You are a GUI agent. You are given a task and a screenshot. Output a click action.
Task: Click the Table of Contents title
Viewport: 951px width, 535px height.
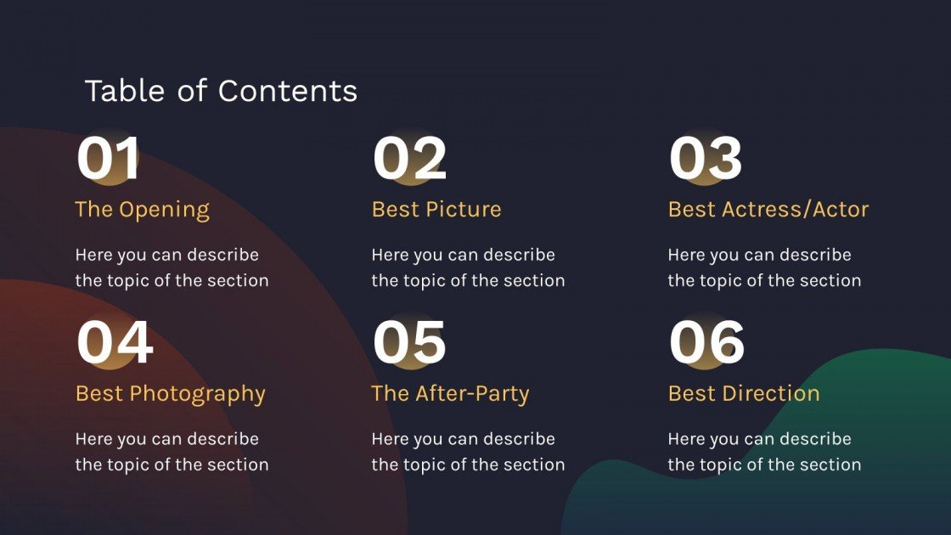[221, 91]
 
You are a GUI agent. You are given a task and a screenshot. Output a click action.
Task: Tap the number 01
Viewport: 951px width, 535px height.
[108, 159]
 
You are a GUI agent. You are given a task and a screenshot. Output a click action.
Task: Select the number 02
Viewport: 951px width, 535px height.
[409, 159]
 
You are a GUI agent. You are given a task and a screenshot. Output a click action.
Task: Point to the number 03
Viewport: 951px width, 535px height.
[706, 159]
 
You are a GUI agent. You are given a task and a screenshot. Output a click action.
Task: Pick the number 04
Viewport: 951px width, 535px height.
[115, 343]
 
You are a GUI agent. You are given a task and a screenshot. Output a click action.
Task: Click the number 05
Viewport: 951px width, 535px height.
[409, 343]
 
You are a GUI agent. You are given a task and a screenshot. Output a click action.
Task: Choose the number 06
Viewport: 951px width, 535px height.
[706, 343]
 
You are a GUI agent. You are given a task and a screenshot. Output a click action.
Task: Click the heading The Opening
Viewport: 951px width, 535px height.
[142, 210]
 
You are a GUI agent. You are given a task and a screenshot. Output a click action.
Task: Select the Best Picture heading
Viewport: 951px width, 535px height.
[436, 210]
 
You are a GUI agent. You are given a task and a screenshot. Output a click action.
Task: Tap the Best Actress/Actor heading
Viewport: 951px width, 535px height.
[768, 210]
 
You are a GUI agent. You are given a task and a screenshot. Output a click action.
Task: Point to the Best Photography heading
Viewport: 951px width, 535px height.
[171, 394]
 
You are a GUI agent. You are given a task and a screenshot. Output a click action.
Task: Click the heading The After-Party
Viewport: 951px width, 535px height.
[450, 394]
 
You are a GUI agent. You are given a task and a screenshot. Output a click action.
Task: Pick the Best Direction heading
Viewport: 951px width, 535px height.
[744, 394]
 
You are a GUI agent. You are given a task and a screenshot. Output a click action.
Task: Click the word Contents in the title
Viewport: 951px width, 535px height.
[288, 91]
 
